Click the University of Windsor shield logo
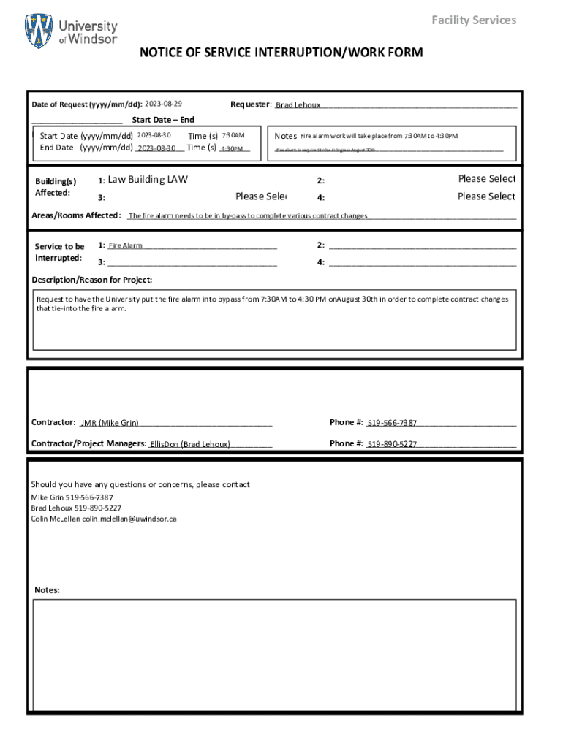pos(39,31)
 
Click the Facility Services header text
pos(473,20)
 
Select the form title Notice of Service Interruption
pos(281,53)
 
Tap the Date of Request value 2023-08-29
pos(163,104)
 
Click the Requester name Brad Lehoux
pos(298,105)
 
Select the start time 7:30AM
pos(233,135)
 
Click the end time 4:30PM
pos(232,148)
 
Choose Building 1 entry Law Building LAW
pos(148,179)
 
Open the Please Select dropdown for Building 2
pos(486,179)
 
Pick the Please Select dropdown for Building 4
pos(486,196)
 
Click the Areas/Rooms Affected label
pos(76,215)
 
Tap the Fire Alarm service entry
pos(125,246)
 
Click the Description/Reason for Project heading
pos(92,280)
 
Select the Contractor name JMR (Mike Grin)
pos(110,423)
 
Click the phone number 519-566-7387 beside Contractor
pos(392,423)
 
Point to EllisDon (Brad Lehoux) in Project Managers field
pos(190,444)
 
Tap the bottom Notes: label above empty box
pos(48,590)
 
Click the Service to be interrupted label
pos(59,252)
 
